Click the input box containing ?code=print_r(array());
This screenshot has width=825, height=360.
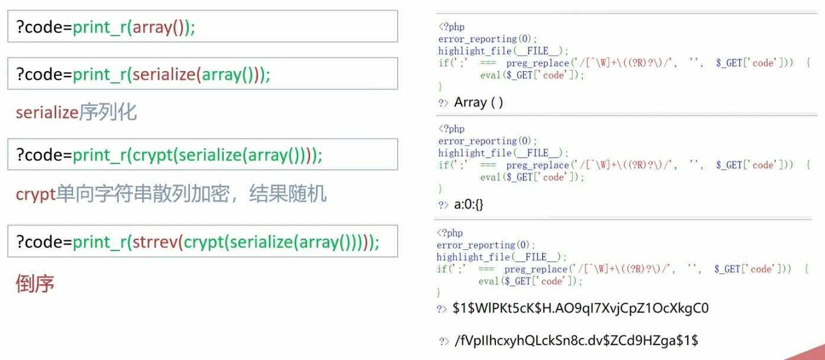202,26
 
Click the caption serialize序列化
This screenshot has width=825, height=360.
76,112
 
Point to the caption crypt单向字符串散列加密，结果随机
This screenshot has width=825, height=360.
171,194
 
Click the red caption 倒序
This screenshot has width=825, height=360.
35,284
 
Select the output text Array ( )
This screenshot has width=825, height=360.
479,102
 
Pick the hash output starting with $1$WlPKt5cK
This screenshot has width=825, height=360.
581,308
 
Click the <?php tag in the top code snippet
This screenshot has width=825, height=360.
451,27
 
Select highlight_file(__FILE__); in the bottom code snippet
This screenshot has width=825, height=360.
502,257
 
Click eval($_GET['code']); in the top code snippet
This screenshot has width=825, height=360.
532,75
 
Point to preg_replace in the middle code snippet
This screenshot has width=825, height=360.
536,165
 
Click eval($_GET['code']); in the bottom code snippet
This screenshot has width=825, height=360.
530,281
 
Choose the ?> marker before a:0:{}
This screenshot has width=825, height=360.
443,205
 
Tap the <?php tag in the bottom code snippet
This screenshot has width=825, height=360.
450,233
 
